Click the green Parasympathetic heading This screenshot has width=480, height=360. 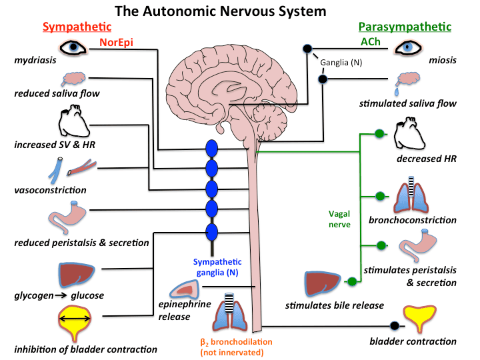pyautogui.click(x=405, y=27)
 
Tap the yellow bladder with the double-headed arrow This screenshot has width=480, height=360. pyautogui.click(x=75, y=321)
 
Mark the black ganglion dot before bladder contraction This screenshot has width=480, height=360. pyautogui.click(x=394, y=326)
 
